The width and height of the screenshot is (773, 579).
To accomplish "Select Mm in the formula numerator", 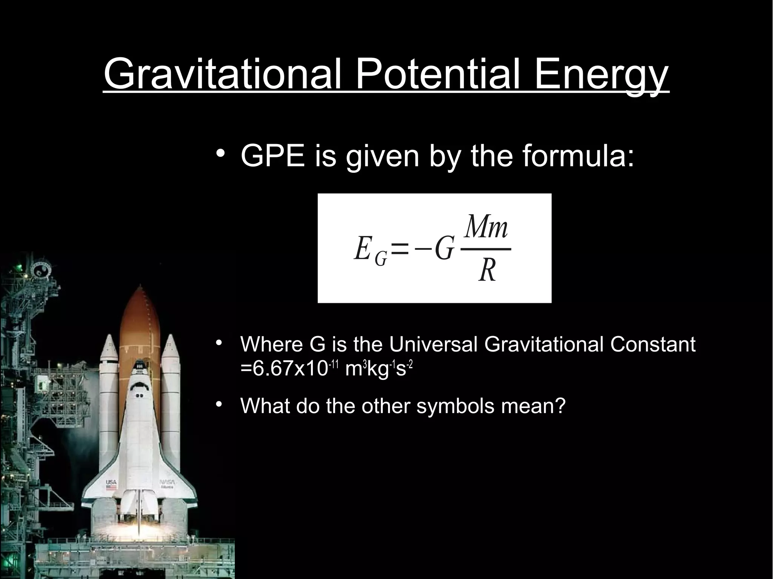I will [487, 227].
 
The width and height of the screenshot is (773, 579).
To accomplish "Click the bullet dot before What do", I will [219, 404].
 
